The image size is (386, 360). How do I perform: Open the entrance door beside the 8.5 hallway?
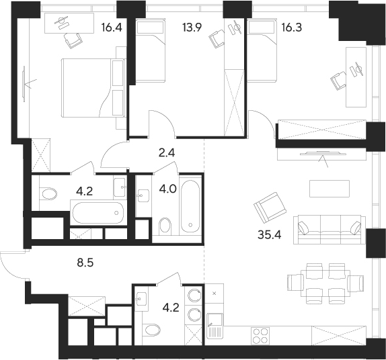click(12, 265)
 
